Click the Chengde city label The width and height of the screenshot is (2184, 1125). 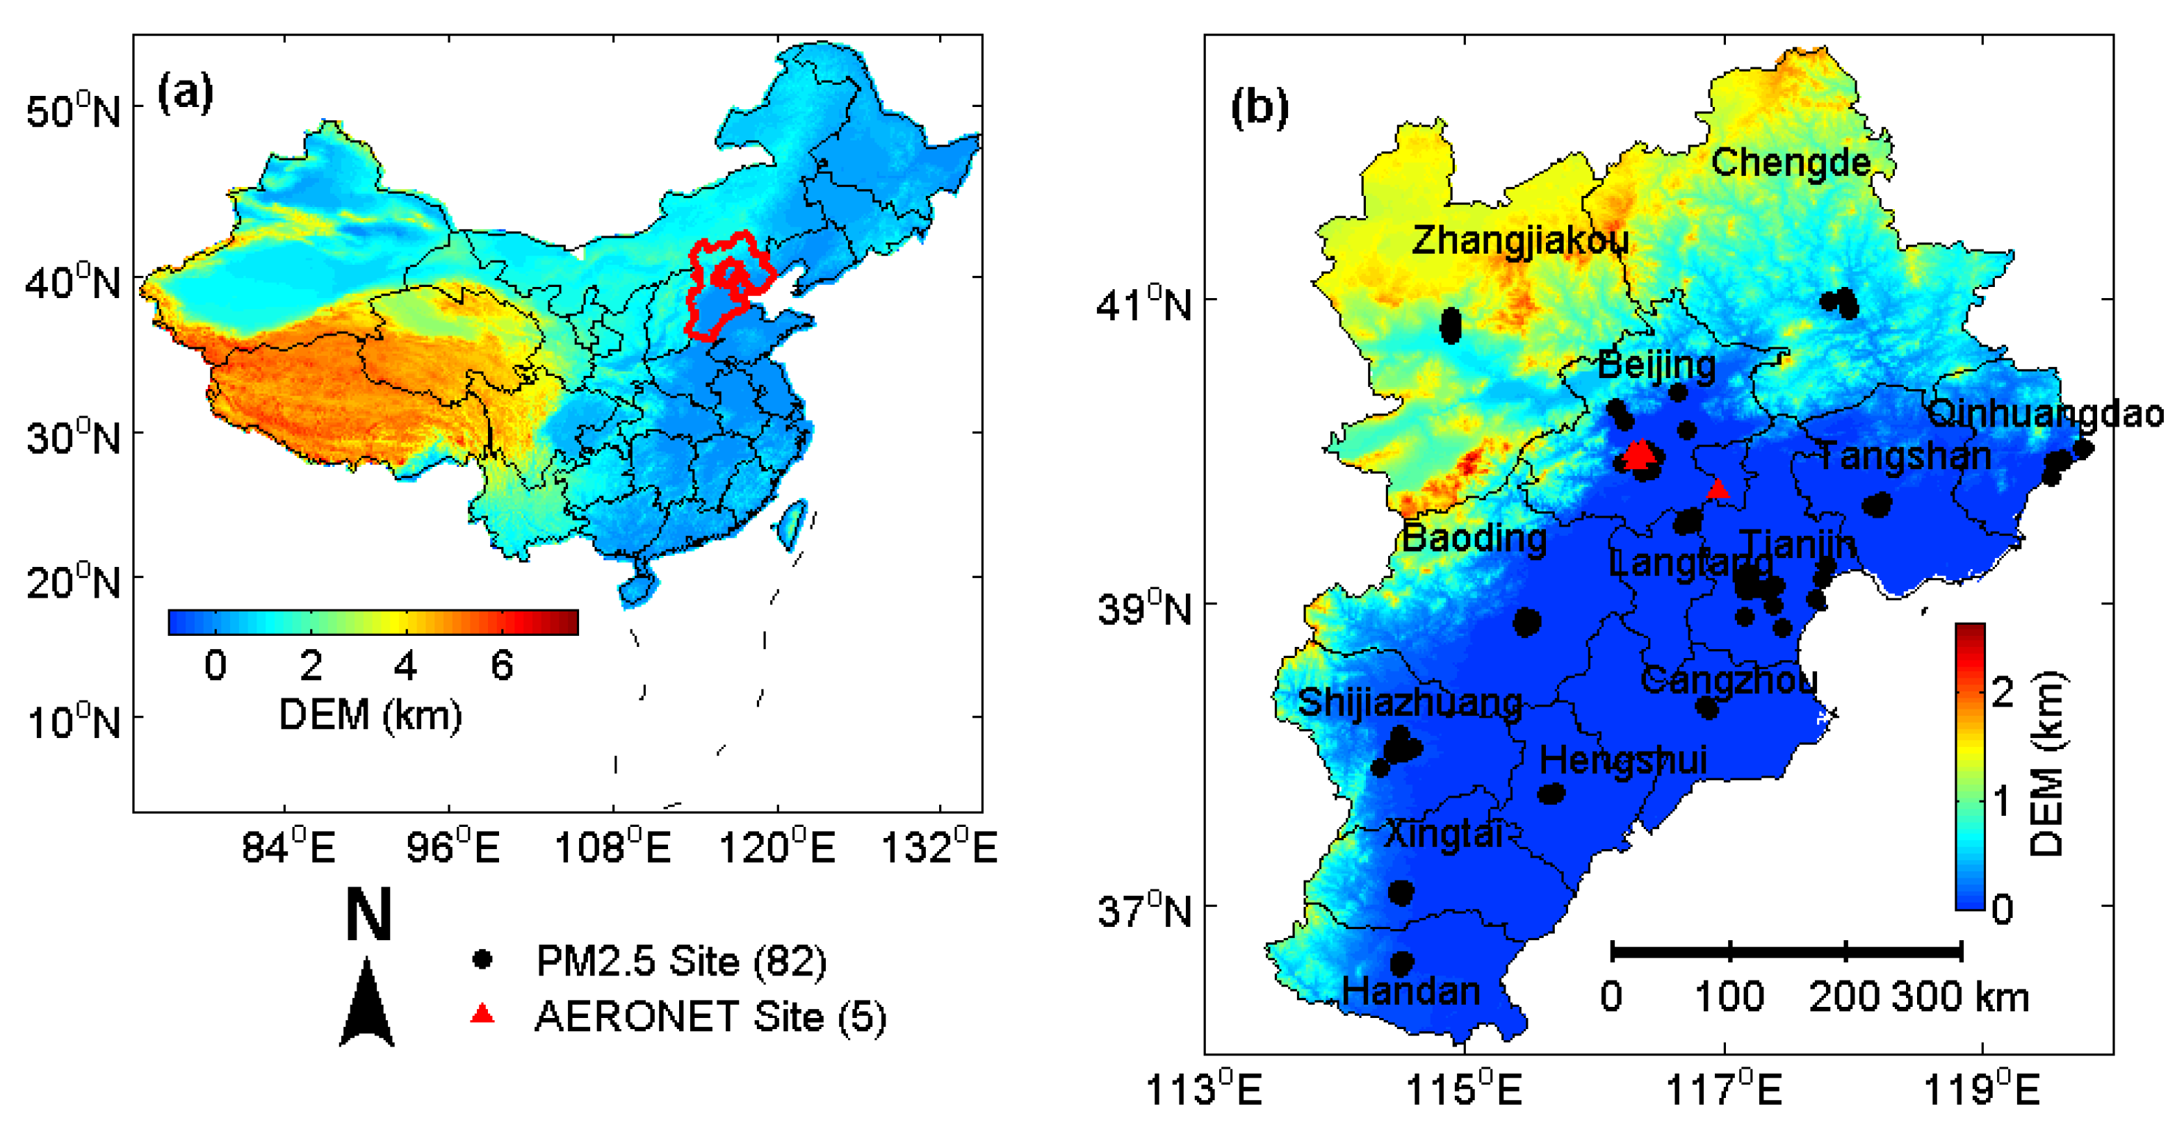[1790, 162]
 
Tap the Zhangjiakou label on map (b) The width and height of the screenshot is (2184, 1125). [1519, 240]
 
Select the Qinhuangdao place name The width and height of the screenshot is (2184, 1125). [2044, 413]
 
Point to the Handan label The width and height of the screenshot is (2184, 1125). [1411, 991]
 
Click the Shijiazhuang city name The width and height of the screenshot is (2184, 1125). [1410, 703]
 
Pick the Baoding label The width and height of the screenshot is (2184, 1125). [1474, 539]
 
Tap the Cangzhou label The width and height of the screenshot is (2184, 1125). [1729, 680]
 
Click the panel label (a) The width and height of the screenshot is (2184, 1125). [186, 92]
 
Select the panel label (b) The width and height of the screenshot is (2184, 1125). [1259, 107]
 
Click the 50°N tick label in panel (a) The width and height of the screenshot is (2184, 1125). [74, 111]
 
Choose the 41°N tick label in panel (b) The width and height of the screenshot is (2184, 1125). [1143, 304]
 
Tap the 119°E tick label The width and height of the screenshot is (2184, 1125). [1981, 1090]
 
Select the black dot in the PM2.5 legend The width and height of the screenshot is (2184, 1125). [482, 959]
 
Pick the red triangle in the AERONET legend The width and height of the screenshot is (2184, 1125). [482, 1013]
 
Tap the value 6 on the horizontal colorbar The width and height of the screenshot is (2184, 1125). [502, 666]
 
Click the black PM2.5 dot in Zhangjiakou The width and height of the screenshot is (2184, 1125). [1451, 325]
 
